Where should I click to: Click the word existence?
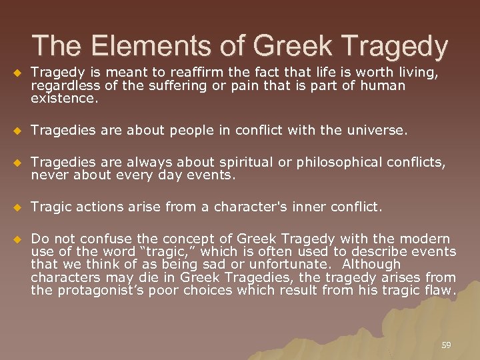point(64,99)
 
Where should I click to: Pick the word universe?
point(373,131)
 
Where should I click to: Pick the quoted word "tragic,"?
point(160,251)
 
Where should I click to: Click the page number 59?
point(446,345)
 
